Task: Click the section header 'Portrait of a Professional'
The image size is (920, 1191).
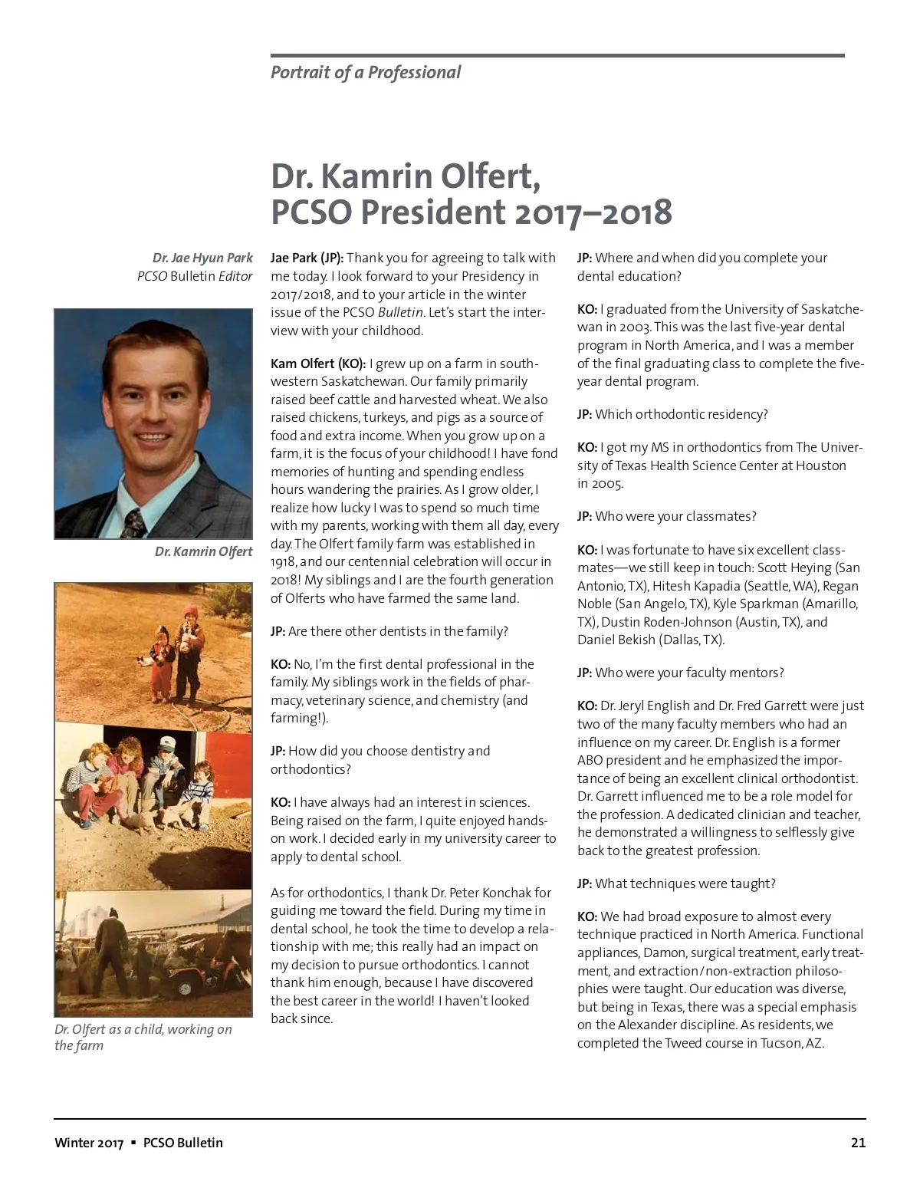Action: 366,73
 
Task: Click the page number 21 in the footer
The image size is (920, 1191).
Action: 858,1143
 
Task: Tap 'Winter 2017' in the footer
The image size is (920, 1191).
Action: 89,1143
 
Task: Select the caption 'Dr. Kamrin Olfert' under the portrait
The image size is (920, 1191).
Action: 203,551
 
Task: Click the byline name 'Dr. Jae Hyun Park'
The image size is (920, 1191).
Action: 202,258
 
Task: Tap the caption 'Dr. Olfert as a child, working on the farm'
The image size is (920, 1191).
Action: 143,1037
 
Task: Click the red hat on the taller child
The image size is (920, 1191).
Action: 190,612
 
